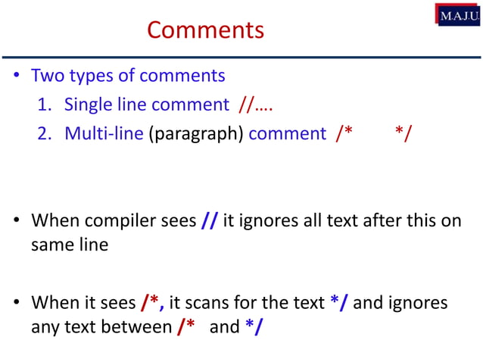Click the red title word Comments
[205, 30]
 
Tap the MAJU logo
[458, 14]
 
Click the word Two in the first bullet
[47, 76]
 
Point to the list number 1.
[44, 105]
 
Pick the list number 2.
[44, 134]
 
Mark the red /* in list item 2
[344, 134]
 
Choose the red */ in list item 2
[404, 134]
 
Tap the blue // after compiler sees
[210, 221]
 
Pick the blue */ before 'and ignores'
[340, 304]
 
